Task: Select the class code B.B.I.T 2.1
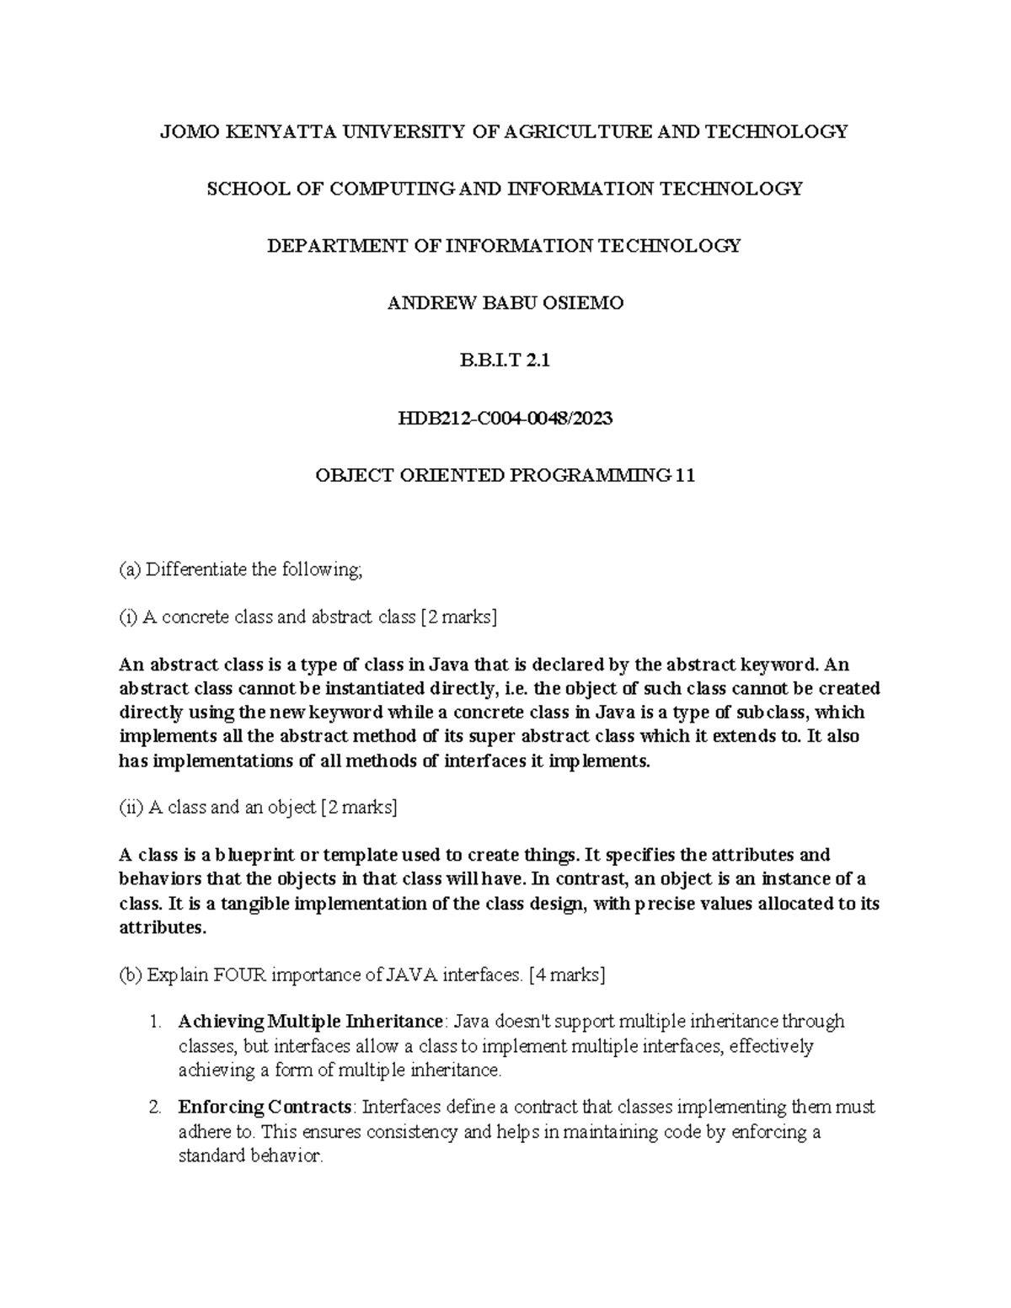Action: coord(505,360)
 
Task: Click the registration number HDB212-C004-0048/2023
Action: coord(505,418)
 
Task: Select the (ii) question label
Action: coord(131,808)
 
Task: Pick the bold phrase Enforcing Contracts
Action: coord(265,1107)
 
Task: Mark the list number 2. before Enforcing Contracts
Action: coord(154,1107)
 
